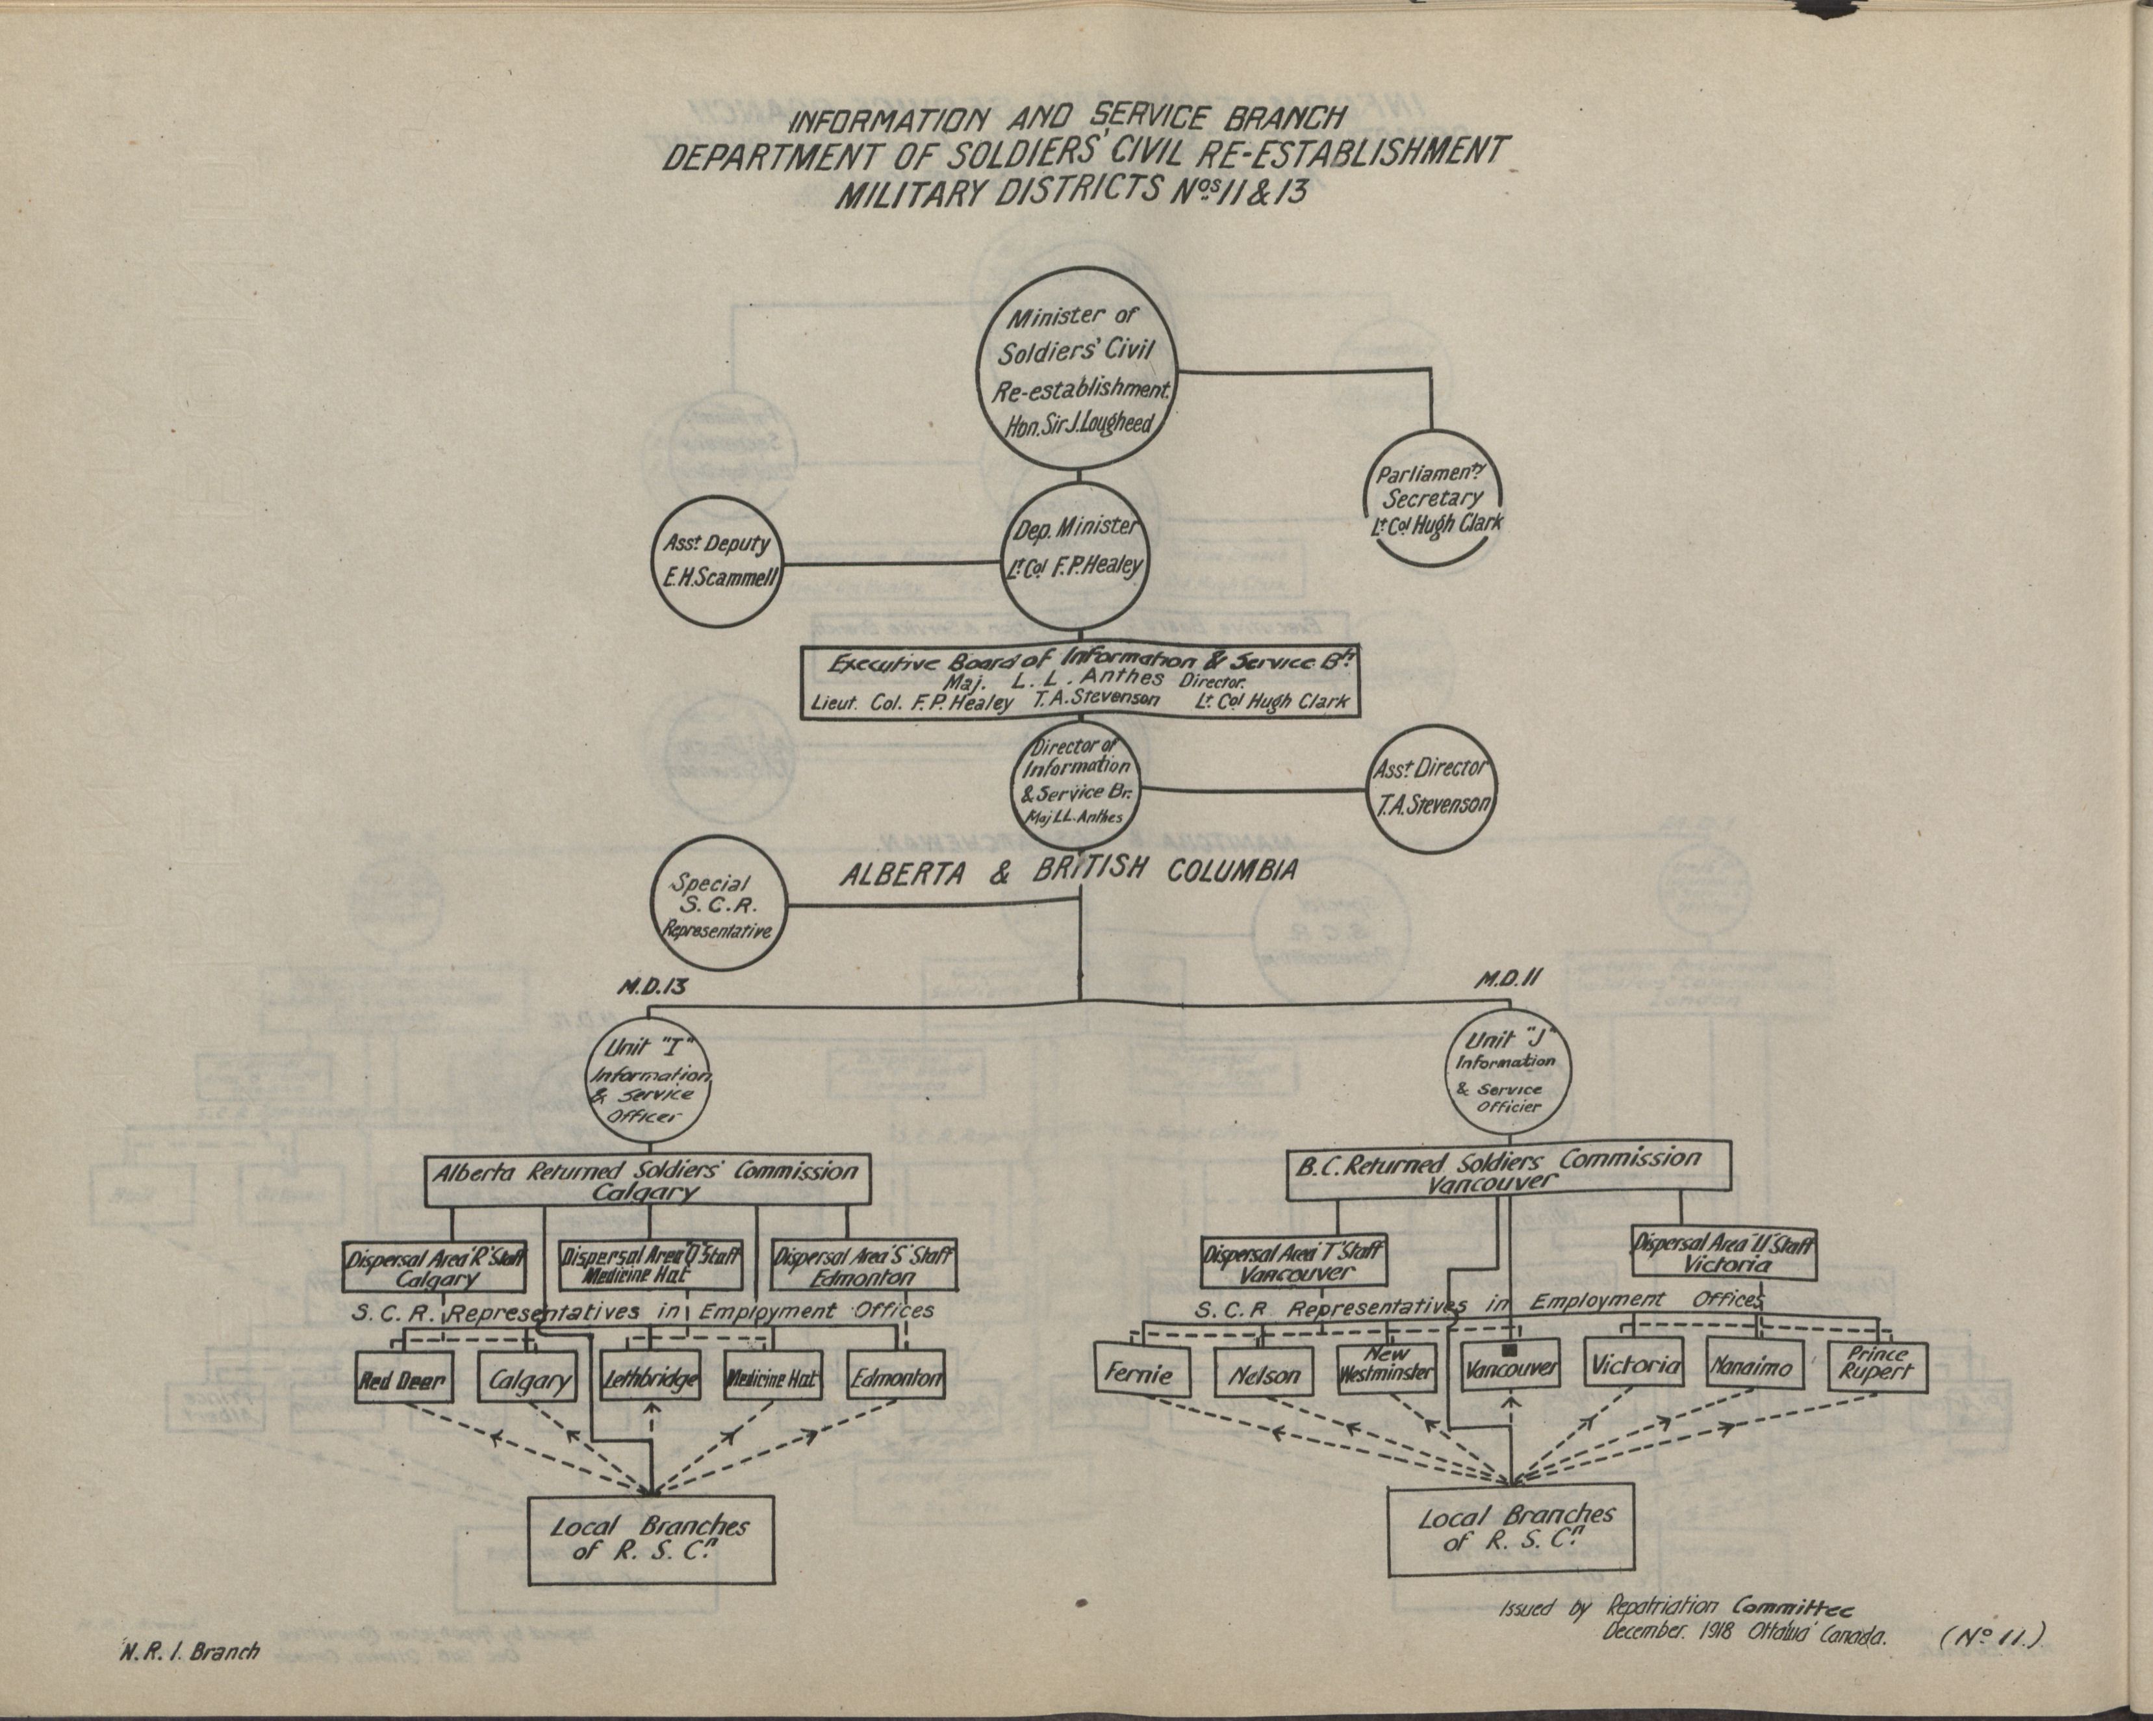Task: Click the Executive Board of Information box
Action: [x=1080, y=682]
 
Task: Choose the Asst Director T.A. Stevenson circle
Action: [x=1432, y=784]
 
